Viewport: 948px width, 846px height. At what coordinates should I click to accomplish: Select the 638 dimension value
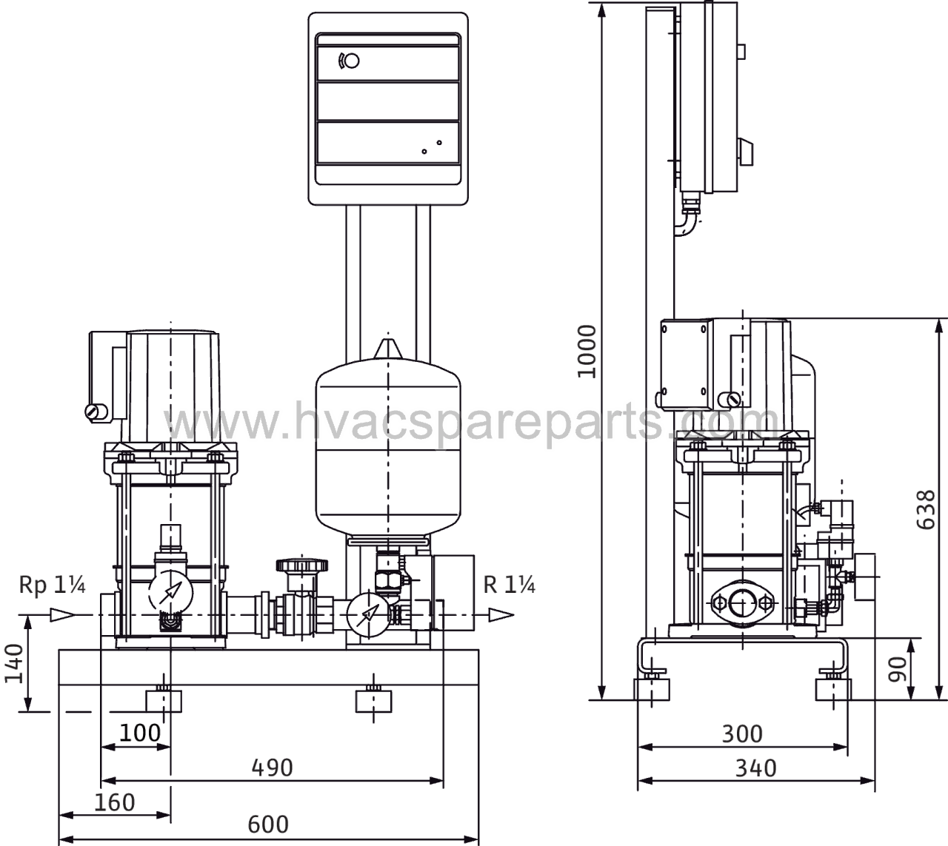tap(926, 509)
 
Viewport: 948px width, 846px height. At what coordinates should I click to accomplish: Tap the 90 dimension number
tap(897, 669)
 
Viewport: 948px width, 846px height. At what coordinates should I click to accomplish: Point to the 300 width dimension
tap(743, 733)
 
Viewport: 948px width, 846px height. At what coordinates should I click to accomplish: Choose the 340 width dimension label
tap(755, 768)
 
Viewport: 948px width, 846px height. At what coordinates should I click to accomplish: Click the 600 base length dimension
tap(267, 824)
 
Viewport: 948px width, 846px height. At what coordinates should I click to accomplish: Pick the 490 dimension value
tap(273, 768)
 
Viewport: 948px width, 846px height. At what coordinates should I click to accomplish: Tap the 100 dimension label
tap(140, 733)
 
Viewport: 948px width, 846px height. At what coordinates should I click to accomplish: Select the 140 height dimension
tap(14, 664)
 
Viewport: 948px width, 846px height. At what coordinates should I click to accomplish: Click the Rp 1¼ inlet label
tap(52, 585)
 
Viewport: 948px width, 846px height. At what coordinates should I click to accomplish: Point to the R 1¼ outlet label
tap(509, 585)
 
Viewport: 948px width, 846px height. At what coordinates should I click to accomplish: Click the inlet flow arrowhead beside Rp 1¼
tap(63, 615)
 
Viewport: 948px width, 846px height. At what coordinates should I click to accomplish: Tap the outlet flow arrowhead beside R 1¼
tap(501, 615)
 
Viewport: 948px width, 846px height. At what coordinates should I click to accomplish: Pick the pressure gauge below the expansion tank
tap(368, 614)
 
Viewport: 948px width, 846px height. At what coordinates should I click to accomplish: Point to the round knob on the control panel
tap(353, 61)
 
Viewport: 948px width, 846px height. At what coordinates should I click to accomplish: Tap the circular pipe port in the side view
tap(743, 604)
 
